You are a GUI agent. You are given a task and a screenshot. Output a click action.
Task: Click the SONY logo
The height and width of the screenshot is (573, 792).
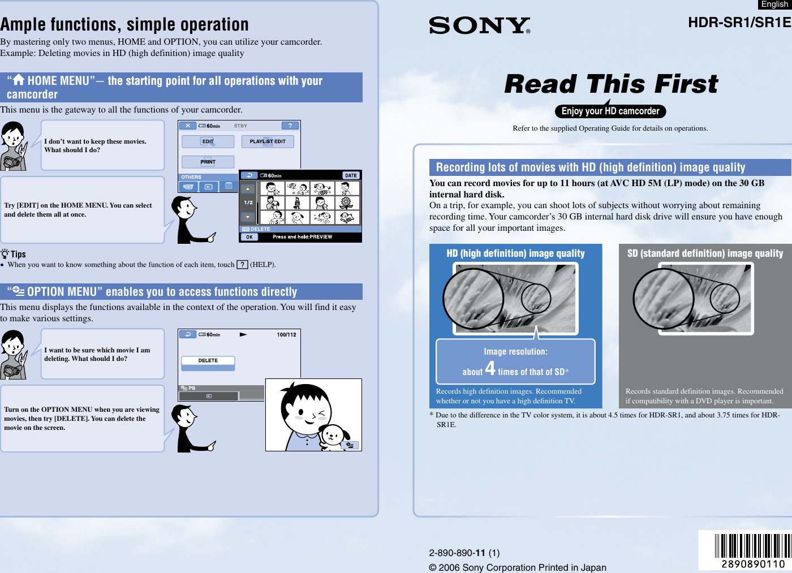coord(479,25)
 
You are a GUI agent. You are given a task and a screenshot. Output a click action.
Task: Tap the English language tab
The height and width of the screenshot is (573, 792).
coord(774,5)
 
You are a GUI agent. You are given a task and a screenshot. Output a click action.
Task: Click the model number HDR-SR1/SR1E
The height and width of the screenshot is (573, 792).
coord(739,23)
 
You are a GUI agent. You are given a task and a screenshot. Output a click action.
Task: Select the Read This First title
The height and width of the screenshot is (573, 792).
coord(610,84)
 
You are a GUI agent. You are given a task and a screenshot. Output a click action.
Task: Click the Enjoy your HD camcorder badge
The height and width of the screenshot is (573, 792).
coord(610,111)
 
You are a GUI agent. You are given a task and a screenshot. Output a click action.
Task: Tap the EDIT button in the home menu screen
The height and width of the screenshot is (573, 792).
coord(208,141)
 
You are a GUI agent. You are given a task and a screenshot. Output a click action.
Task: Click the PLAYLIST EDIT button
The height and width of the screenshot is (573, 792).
coord(268,141)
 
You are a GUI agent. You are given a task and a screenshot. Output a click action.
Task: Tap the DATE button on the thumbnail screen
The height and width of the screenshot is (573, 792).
coord(351,175)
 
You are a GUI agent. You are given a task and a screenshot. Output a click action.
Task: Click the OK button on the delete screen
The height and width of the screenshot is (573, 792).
coord(249,237)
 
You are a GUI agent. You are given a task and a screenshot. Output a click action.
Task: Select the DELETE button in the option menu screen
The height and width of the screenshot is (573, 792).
coord(208,361)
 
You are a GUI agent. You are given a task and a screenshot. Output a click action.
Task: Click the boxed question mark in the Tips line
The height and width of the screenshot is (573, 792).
coord(242,265)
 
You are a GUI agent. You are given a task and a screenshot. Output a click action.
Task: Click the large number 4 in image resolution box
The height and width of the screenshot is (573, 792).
coord(490,369)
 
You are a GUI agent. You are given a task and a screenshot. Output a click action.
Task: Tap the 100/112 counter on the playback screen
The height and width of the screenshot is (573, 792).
coord(286,335)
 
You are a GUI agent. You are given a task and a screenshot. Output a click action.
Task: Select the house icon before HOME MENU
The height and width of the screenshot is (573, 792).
coord(19,80)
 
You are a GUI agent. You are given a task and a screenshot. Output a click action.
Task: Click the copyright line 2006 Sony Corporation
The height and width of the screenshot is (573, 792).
coord(517,567)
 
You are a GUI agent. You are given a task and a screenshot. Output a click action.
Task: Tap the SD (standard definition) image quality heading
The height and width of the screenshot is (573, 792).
coord(705,253)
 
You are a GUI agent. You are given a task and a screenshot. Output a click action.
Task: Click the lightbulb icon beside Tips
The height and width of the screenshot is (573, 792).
coord(5,254)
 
